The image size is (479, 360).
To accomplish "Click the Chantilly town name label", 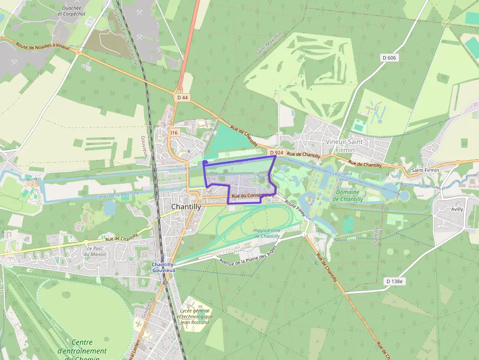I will [x=186, y=207].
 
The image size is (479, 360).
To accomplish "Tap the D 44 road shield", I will [x=182, y=97].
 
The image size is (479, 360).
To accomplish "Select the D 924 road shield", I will [x=276, y=152].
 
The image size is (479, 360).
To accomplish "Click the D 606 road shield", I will [x=389, y=58].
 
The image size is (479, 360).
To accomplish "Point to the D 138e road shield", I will [x=394, y=281].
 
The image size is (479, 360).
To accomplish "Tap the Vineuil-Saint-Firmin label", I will [x=345, y=145].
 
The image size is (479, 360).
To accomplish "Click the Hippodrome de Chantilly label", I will [x=267, y=233].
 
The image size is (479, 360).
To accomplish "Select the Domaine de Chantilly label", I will [x=348, y=195].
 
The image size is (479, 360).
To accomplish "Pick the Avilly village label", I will [x=457, y=209].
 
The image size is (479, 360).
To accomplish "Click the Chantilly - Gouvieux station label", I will [x=163, y=267].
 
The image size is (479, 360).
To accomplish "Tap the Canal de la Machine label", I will [x=117, y=195].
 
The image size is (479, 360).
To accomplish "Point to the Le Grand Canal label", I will [x=342, y=177].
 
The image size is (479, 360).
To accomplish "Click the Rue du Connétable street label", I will [x=251, y=196].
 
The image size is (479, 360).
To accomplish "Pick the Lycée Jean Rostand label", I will [x=195, y=316].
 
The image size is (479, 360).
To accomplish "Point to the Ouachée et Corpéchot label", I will [x=71, y=11].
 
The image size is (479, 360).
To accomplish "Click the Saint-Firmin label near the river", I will [x=425, y=169].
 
